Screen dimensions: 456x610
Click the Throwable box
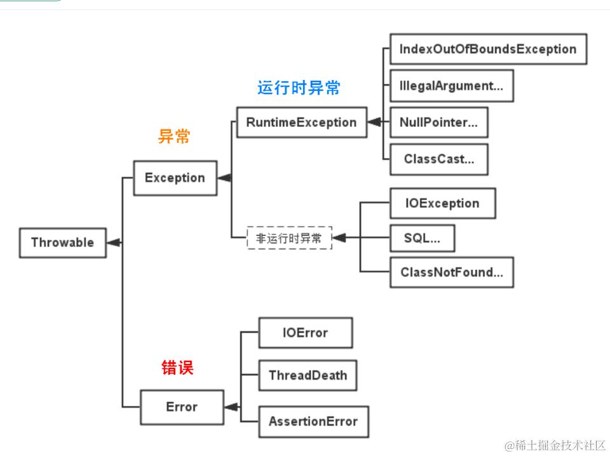(62, 242)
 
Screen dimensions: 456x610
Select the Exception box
(175, 178)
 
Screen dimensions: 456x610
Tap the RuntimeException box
(301, 122)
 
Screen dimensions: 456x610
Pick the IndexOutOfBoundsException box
(487, 50)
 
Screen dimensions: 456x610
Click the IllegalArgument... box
(451, 86)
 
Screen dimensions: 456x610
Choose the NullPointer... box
(438, 123)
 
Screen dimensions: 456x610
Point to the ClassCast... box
(438, 159)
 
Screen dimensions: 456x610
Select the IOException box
(442, 203)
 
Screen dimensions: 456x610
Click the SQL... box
(421, 238)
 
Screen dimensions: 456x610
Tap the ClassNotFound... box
(451, 272)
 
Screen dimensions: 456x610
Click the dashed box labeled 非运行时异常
(289, 238)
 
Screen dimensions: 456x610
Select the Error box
(182, 407)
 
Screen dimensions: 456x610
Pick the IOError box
(305, 333)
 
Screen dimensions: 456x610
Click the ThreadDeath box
(308, 375)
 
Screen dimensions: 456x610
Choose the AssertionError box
(313, 421)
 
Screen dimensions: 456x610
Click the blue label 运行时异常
(299, 88)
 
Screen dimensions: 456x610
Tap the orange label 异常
(174, 137)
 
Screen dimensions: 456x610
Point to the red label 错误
(177, 367)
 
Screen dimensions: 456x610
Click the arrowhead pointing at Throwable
(114, 242)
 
